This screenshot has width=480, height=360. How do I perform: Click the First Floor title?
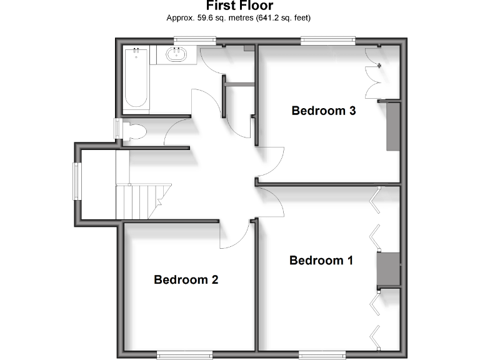pos(239,7)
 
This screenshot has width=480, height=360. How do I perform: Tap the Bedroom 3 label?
pos(324,111)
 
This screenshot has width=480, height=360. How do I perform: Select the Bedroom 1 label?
pos(321,260)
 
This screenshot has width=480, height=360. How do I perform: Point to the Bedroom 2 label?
pos(186,279)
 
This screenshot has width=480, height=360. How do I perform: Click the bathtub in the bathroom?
pos(136,78)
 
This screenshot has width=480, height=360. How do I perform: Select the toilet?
pos(133,131)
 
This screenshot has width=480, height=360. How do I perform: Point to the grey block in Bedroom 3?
pos(393,126)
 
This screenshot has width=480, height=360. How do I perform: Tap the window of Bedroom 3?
pos(328,41)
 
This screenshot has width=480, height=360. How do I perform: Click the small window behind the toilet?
pos(117,130)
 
